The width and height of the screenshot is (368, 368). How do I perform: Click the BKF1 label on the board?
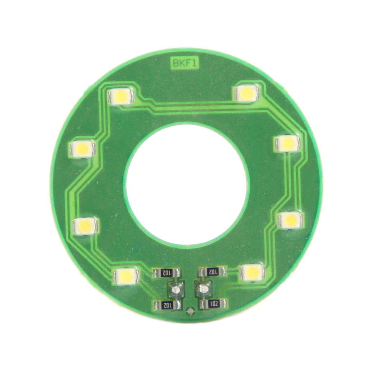tap(184, 64)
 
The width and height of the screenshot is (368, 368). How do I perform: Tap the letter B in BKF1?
tap(175, 64)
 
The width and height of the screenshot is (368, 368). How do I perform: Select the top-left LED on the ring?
tap(121, 96)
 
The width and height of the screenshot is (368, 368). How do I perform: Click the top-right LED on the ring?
tap(247, 93)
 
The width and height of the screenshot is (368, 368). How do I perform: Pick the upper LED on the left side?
tap(82, 148)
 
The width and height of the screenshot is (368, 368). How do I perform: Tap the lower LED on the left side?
tap(86, 226)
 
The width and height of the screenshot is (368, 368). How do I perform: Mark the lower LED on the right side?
tap(290, 220)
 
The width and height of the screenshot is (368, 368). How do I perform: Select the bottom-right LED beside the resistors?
tap(253, 272)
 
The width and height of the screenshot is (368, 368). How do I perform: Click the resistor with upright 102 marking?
tap(213, 304)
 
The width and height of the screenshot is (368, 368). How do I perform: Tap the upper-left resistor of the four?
tap(167, 273)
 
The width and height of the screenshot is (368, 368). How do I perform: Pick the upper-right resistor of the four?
tap(213, 271)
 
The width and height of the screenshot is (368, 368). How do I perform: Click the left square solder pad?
tap(176, 289)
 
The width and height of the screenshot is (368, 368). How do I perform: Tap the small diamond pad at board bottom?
tap(190, 311)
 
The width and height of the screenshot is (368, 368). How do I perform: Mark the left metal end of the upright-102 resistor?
tap(203, 304)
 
